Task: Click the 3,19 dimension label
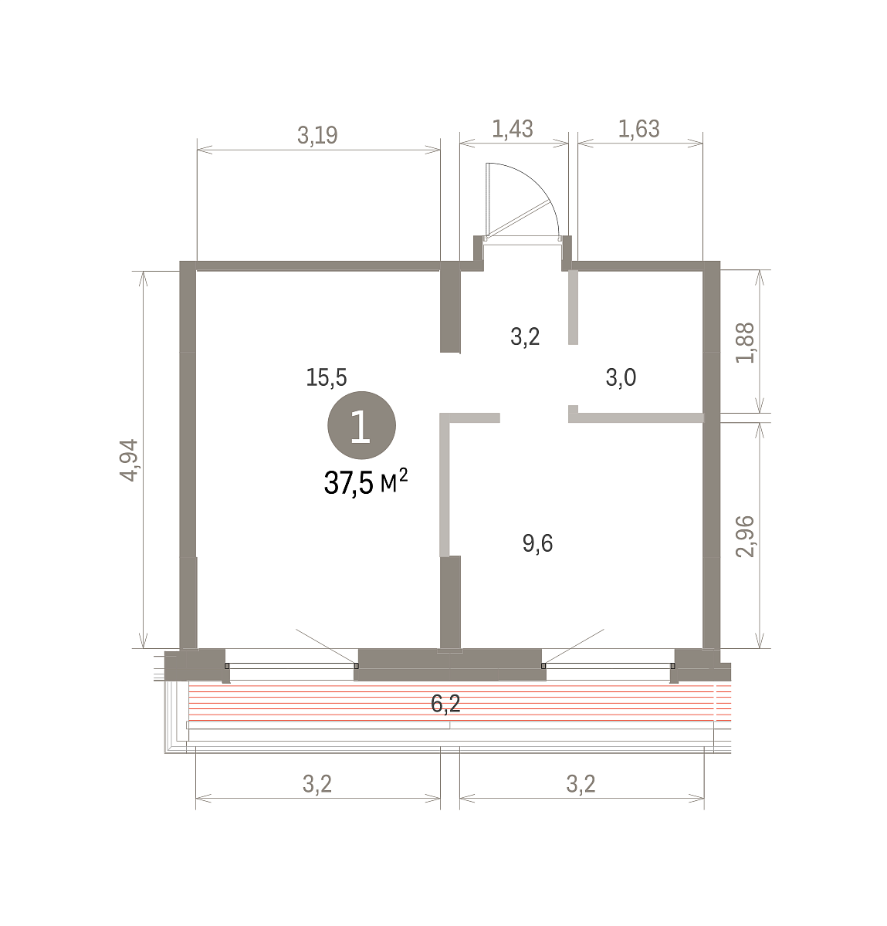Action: (x=317, y=136)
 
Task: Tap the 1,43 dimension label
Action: (x=513, y=129)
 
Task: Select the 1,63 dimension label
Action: (x=639, y=129)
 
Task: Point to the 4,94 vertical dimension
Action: (x=130, y=460)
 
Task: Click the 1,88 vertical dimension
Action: (x=745, y=343)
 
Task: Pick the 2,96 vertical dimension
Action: (x=745, y=537)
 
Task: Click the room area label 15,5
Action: (x=326, y=378)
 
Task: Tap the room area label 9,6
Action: (x=537, y=543)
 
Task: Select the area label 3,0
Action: (x=621, y=378)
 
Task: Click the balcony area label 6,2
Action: (x=445, y=704)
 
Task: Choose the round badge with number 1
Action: (x=362, y=425)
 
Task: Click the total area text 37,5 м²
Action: (x=366, y=482)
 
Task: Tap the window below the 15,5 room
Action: (x=291, y=666)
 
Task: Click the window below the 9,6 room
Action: (x=608, y=666)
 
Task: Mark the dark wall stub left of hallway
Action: (x=450, y=307)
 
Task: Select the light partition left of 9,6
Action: (x=445, y=485)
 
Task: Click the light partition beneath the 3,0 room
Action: (x=636, y=417)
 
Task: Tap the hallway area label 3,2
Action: (x=525, y=337)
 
